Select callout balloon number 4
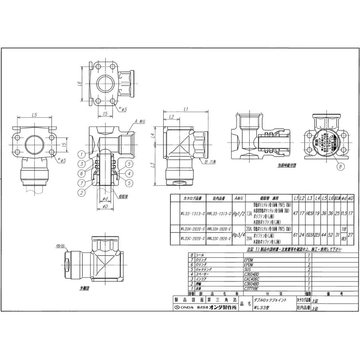click(x=129, y=173)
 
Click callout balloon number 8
click(x=340, y=167)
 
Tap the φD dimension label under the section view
click(x=105, y=206)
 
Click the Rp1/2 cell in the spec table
click(x=238, y=214)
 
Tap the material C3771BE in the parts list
click(x=252, y=288)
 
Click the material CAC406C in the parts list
click(x=252, y=279)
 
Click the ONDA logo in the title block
click(x=185, y=307)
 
